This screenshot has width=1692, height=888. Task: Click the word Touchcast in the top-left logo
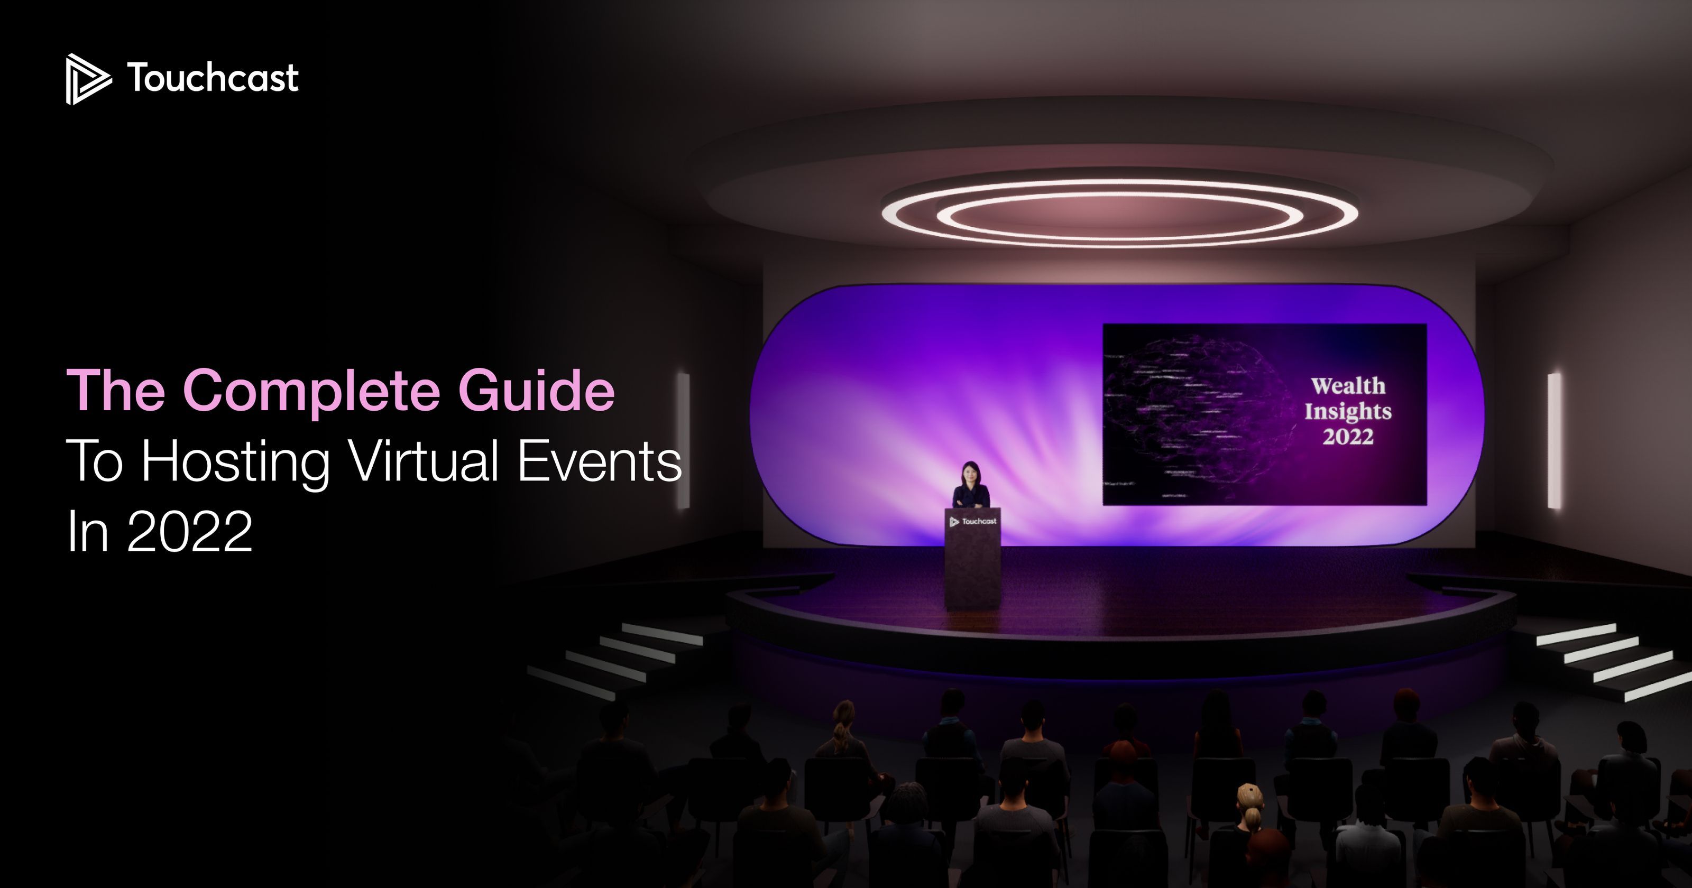click(x=213, y=78)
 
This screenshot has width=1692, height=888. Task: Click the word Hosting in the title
click(x=235, y=462)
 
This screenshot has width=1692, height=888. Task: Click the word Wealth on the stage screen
click(x=1348, y=386)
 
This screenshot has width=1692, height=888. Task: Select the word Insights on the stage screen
click(x=1348, y=411)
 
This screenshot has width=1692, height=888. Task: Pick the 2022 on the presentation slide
click(x=1348, y=437)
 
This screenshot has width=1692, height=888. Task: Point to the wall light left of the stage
click(x=684, y=440)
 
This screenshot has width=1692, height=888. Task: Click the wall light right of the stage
click(x=1554, y=440)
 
